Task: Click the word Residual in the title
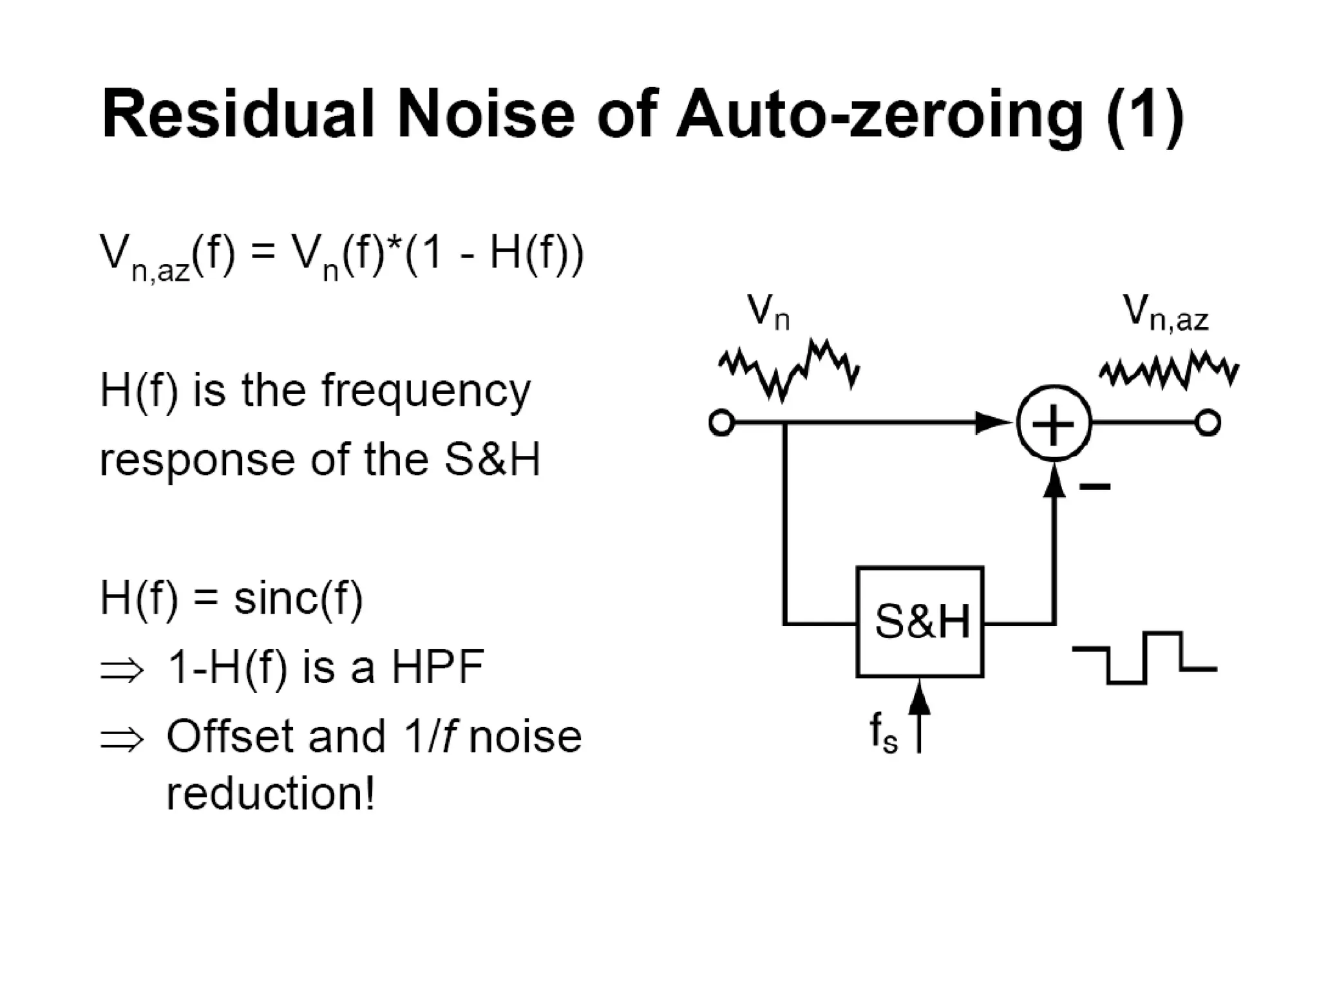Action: [x=238, y=115]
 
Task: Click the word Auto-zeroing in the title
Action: [x=879, y=115]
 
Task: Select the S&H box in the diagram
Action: [x=920, y=622]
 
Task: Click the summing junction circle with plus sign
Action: [x=1054, y=423]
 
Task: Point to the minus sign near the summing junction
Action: [x=1095, y=486]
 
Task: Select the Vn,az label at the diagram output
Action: [x=1165, y=314]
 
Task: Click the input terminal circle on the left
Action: [x=721, y=424]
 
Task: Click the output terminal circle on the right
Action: [x=1208, y=423]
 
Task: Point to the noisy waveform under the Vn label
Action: [x=788, y=370]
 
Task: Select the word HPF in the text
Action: [x=438, y=667]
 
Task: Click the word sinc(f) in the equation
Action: [x=298, y=598]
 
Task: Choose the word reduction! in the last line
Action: [x=270, y=793]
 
